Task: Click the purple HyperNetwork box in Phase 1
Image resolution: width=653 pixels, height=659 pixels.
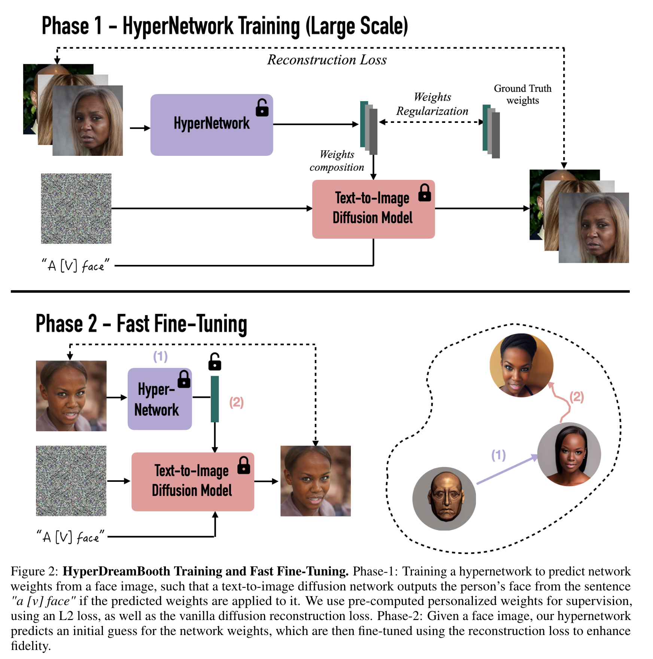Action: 211,125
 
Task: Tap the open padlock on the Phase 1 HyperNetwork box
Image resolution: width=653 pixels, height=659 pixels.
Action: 262,108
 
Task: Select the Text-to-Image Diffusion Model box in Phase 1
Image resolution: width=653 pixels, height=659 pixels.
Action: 373,209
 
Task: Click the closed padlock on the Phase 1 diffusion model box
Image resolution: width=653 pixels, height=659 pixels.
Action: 425,193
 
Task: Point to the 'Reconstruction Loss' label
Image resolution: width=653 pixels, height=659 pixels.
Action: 326,60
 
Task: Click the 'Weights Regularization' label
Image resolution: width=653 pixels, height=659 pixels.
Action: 432,104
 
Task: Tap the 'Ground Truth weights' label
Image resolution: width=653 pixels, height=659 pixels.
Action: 522,94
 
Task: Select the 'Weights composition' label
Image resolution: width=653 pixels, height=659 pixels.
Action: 337,161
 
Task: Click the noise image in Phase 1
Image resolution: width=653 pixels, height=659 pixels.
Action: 76,208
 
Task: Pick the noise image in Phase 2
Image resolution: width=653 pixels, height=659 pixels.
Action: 71,481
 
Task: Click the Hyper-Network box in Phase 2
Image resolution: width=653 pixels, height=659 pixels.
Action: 160,399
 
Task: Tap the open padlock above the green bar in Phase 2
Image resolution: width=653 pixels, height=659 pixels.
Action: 215,362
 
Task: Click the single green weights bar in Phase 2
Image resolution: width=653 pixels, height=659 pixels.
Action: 215,399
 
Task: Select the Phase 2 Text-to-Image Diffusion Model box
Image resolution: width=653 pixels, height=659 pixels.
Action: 192,481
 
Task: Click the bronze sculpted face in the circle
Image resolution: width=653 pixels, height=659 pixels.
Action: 444,498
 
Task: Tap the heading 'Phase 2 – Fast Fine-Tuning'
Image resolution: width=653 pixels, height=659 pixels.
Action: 141,324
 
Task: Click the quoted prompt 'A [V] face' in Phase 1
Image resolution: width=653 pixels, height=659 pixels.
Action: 75,266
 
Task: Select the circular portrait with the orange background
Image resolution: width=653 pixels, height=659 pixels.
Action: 521,365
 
